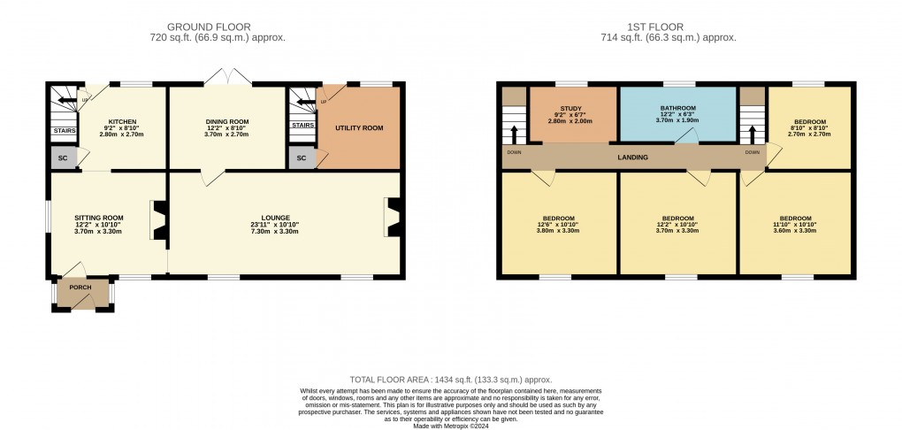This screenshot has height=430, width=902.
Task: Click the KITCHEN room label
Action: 121,121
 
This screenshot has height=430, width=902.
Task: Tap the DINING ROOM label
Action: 226,121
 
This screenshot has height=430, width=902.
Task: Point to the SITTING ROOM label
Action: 98,217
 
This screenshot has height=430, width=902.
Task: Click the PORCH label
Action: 81,288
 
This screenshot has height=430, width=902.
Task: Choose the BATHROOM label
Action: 677,108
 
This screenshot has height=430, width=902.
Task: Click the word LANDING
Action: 633,157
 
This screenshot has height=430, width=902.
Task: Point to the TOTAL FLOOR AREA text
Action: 450,378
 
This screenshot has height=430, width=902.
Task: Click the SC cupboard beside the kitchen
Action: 63,158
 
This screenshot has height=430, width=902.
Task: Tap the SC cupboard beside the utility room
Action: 302,158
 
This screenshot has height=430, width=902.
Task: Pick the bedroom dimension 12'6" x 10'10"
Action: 559,225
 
